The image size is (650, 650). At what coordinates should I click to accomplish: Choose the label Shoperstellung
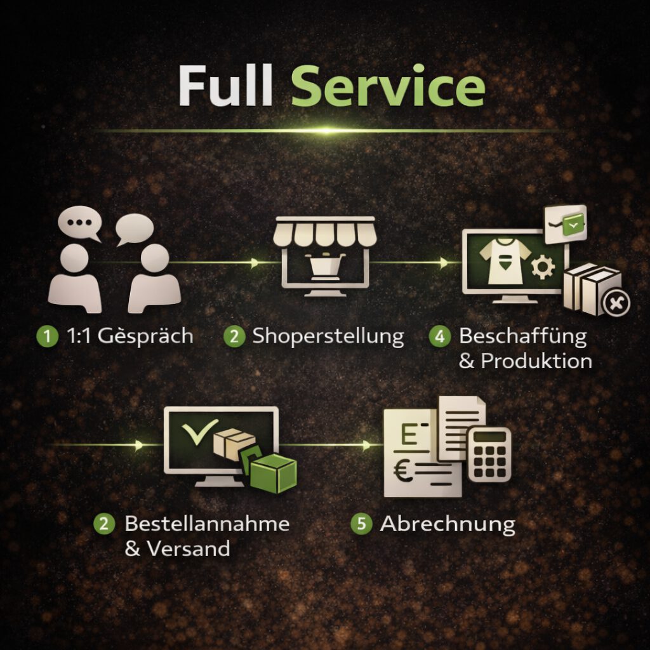click(328, 336)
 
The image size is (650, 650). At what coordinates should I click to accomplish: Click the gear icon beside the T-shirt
click(543, 267)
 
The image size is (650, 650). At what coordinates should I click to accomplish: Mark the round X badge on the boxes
click(615, 302)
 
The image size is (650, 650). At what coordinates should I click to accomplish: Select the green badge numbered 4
click(439, 336)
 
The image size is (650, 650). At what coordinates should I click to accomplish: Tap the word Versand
click(188, 548)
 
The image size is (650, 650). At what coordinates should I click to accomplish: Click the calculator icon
click(489, 453)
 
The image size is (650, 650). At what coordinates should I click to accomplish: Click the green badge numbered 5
click(362, 525)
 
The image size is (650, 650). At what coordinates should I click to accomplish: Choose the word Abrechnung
click(448, 524)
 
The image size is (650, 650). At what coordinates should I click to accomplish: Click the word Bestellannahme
click(207, 524)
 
